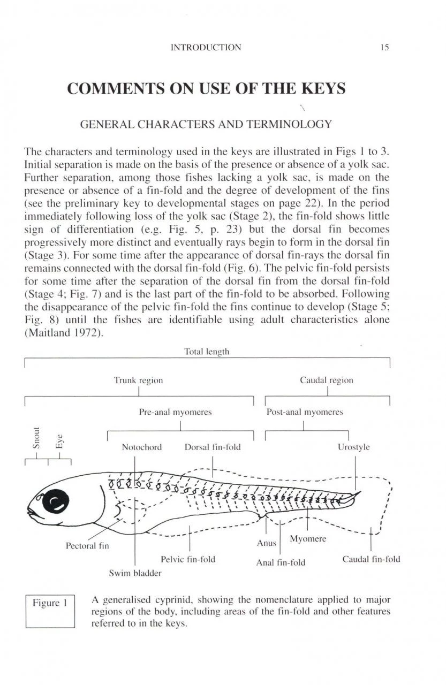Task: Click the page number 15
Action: click(384, 48)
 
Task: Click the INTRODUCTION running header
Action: click(206, 48)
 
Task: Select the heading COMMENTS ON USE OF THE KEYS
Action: click(206, 89)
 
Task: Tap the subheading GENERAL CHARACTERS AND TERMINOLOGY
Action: click(206, 125)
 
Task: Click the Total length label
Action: click(207, 352)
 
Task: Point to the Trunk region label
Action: click(138, 380)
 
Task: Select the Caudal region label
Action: click(327, 380)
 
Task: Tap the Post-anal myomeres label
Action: click(305, 412)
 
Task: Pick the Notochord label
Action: click(141, 447)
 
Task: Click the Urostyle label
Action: click(354, 447)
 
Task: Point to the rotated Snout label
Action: click(36, 437)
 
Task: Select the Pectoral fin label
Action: click(87, 547)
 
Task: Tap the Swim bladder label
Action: click(135, 573)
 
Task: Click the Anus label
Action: click(266, 543)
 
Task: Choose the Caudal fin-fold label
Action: click(371, 560)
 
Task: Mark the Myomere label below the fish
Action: click(307, 538)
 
